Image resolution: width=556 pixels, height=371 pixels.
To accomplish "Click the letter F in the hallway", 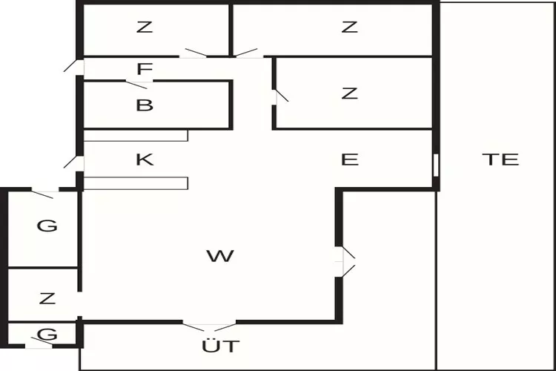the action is pos(145,69).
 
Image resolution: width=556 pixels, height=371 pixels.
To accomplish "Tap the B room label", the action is pos(145,105).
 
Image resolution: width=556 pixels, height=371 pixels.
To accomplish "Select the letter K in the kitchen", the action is pos(145,160).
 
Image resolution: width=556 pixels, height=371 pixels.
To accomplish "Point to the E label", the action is pos(350,160).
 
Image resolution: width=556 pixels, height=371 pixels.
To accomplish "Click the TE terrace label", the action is pos(500,160).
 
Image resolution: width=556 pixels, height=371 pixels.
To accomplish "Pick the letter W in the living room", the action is pos(220,255).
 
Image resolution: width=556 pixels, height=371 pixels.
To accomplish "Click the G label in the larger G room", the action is pos(47,226).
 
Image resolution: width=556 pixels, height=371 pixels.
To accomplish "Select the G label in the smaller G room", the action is pos(47,334).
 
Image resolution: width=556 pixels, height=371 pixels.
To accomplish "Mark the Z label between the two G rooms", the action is pos(47,298).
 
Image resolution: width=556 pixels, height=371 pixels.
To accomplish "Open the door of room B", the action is pos(139,85).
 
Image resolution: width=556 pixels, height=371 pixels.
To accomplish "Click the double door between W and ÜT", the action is pos(209,326).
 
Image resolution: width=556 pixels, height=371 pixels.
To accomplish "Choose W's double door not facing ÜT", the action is pos(345,262).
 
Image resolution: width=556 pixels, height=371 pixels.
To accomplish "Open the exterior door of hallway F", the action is pos(74,66).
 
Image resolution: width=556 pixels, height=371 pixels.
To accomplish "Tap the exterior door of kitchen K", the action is pos(74,163).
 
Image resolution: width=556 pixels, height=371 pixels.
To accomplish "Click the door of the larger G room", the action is pos(45,194).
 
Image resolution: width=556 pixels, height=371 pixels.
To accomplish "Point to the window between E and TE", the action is pos(436,165).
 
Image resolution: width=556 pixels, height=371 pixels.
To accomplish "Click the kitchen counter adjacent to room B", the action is pos(136,136).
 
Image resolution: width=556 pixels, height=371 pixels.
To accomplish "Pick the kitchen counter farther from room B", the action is pos(136,183).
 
